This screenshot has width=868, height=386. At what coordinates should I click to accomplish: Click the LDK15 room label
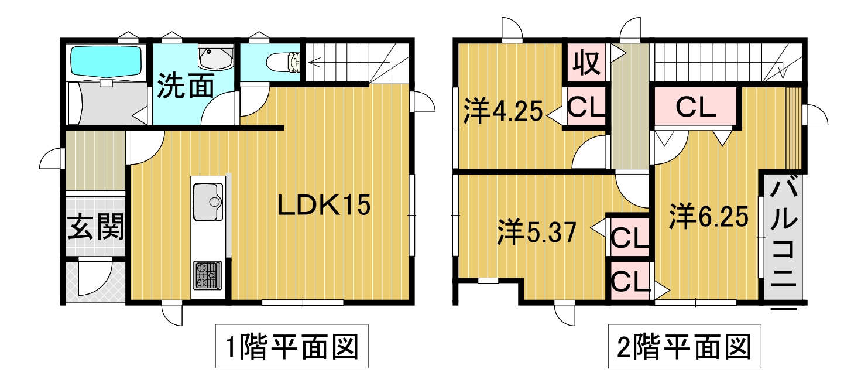324,205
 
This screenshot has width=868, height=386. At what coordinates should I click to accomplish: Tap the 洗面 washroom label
185,86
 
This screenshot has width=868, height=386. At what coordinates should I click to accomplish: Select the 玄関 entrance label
95,227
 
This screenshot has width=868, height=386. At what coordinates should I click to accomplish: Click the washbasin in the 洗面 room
215,57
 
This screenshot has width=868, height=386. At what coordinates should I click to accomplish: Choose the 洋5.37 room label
536,233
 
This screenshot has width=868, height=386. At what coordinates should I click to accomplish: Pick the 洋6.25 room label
708,217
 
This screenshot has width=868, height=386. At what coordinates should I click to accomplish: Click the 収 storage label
586,63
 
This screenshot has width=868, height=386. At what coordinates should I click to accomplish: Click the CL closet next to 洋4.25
586,106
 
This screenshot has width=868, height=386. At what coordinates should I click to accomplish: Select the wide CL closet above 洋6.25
695,106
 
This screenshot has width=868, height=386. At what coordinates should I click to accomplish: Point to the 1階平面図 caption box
292,346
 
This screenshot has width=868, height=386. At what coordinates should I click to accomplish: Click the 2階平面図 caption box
684,346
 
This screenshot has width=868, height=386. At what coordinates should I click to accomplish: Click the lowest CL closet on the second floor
630,281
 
